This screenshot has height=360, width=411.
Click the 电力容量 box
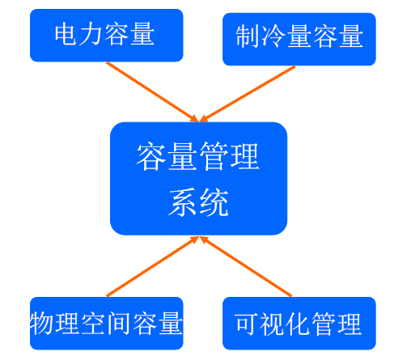pos(107,36)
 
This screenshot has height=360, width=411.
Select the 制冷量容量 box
pos(299,39)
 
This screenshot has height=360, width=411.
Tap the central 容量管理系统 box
pos(198,179)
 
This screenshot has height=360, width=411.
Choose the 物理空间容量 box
pos(107,324)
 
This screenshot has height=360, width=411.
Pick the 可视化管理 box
pos(299,324)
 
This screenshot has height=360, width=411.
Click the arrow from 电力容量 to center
pos(153,92)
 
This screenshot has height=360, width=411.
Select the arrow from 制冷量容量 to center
pos(248,94)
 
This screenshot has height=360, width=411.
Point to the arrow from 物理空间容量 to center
pos(153,266)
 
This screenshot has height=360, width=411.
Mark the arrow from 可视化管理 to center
pos(246,266)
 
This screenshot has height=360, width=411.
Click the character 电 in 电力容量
pos(66,34)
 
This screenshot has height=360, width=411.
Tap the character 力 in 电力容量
pos(91,34)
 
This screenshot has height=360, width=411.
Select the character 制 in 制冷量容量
pos(248,36)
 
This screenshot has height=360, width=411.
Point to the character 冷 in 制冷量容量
pos(273,36)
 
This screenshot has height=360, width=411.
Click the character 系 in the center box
pos(184,202)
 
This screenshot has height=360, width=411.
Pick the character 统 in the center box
pos(214,202)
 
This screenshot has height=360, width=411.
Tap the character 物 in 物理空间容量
pos(41,323)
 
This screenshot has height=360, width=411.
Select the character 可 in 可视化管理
pos(246,324)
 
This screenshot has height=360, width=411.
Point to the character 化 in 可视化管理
pos(298,324)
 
